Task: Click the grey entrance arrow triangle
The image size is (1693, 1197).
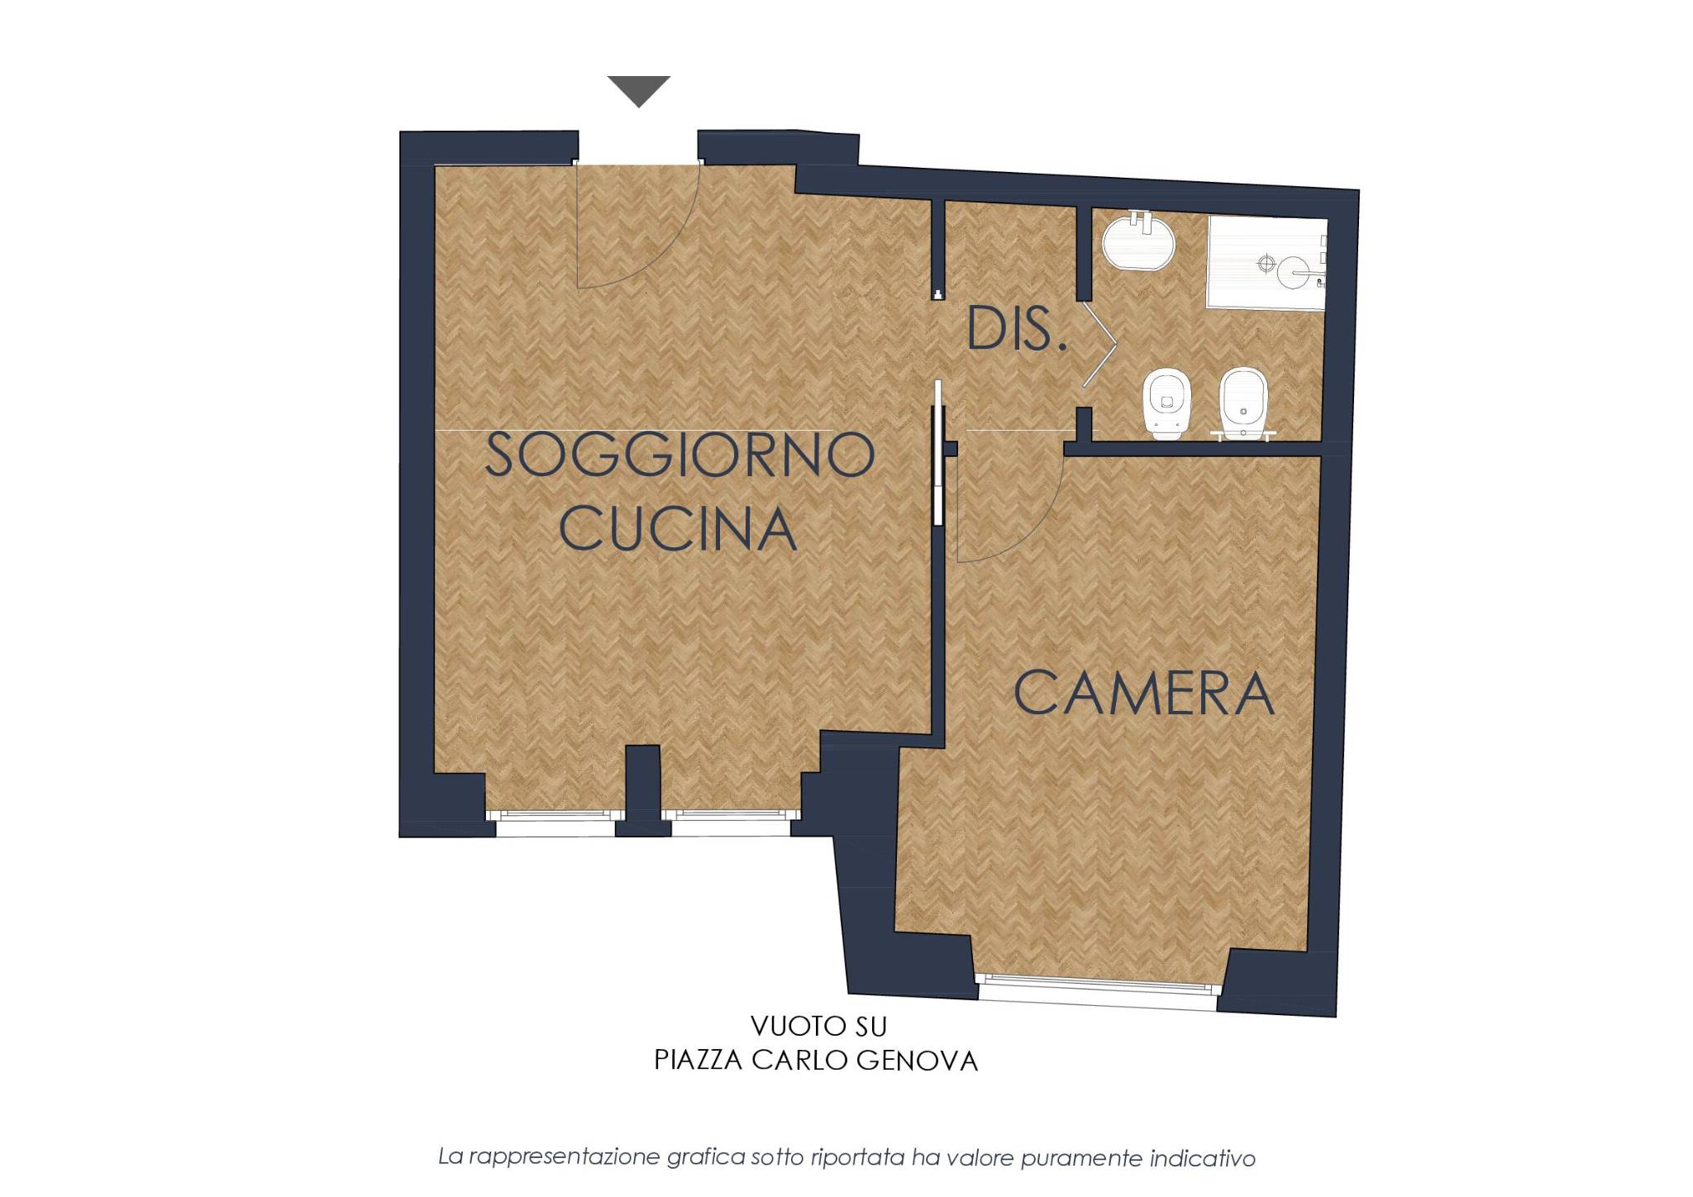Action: pyautogui.click(x=639, y=90)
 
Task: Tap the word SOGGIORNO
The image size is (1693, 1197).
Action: pyautogui.click(x=680, y=455)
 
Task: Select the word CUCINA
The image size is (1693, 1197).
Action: pyautogui.click(x=678, y=529)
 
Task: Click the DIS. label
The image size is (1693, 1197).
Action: pyautogui.click(x=1016, y=328)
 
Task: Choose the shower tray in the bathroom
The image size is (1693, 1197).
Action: pyautogui.click(x=1267, y=263)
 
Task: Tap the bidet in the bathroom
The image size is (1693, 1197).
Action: pyautogui.click(x=1242, y=403)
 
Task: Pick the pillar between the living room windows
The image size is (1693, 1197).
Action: pyautogui.click(x=642, y=790)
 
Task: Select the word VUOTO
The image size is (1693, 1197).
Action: pyautogui.click(x=784, y=1027)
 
